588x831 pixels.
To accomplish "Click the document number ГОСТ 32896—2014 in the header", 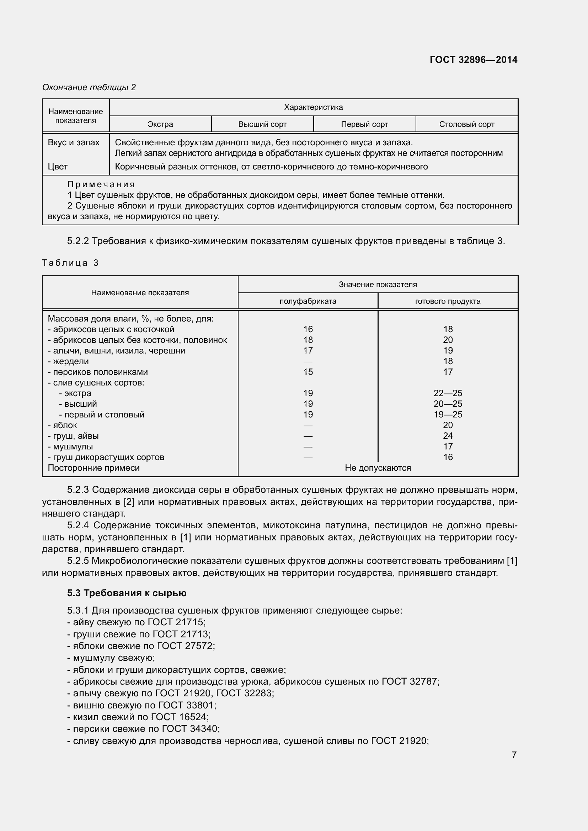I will (473, 60).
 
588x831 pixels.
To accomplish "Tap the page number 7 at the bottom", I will (514, 754).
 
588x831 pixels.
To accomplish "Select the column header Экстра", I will (160, 124).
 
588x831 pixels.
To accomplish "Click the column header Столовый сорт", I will (466, 124).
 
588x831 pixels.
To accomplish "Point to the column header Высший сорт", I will (262, 124).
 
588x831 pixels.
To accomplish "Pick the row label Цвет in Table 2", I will (58, 167).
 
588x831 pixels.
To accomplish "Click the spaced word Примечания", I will (101, 184).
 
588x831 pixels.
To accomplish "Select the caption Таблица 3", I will (70, 263).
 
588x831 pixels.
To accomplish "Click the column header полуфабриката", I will (308, 301).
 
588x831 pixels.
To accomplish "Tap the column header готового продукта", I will (448, 301).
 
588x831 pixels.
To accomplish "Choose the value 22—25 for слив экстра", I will (448, 393).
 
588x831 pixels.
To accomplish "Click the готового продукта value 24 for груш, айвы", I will (448, 436).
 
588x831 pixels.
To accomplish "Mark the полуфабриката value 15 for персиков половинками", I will (308, 372).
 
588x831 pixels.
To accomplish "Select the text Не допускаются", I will (378, 468).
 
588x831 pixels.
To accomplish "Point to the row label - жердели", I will (68, 361).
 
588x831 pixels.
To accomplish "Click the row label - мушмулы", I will (70, 446).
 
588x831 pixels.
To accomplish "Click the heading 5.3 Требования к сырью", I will (127, 593).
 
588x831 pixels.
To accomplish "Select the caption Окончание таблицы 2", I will (89, 87).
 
